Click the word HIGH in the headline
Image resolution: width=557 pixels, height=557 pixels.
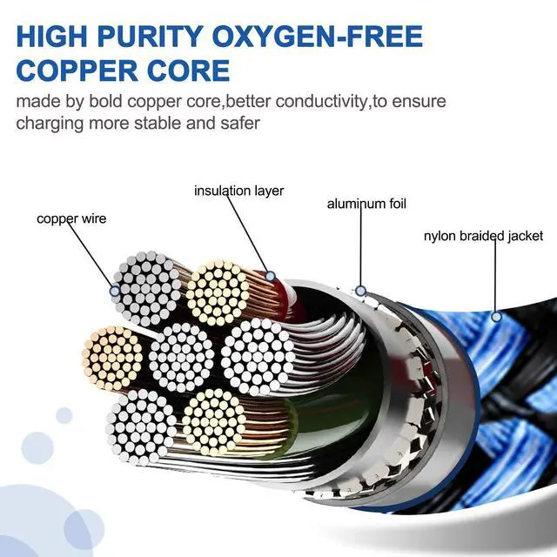pos(51,36)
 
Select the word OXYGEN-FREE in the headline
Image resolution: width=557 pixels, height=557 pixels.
pos(319,36)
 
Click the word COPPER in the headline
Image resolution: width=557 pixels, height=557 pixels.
pos(77,70)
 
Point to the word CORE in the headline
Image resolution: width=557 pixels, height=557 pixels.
pos(189,70)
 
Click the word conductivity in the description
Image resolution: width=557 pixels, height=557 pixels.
pos(321,102)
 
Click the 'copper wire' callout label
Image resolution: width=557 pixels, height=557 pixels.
pos(71,218)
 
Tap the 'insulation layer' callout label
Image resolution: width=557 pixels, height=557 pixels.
pos(239,191)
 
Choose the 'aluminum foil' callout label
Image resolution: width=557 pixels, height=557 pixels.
pos(366,204)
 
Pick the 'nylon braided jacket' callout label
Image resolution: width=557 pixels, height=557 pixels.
pos(484,236)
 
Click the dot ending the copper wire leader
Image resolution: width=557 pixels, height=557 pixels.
pos(115,292)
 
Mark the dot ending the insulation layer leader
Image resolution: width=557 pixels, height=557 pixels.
pos(271,276)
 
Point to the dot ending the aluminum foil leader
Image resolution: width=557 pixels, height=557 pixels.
pos(361,291)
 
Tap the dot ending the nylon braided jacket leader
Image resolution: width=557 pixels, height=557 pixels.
pos(496,316)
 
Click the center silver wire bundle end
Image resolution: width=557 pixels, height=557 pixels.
pos(182,357)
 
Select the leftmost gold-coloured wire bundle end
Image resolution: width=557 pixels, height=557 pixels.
pos(112,359)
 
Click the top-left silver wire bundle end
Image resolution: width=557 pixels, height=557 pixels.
pos(147,288)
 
